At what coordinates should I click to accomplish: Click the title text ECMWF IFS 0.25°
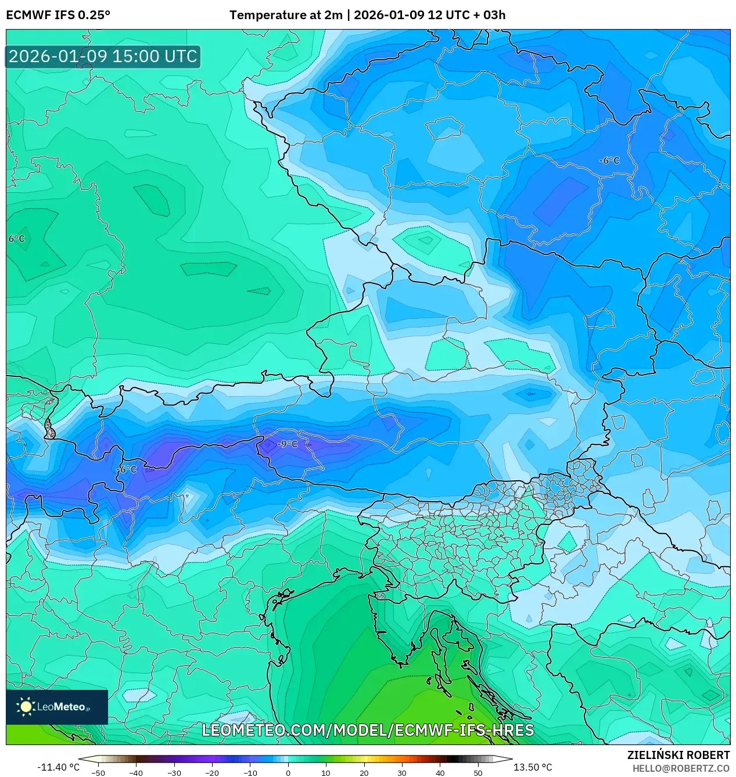(58, 15)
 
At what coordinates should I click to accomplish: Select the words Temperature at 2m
(286, 15)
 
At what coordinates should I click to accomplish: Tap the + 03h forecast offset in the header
(490, 15)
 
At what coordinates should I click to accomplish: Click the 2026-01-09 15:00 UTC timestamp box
(103, 56)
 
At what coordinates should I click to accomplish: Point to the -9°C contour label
(287, 444)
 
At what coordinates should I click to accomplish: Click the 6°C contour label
(16, 239)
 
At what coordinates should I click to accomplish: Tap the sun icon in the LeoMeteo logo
(26, 707)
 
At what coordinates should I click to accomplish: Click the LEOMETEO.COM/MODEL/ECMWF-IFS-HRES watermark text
(367, 730)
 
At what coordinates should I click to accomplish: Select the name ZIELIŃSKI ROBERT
(678, 755)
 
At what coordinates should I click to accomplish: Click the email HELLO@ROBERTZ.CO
(681, 768)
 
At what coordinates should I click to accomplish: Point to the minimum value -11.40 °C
(58, 767)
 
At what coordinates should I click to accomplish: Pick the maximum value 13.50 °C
(532, 767)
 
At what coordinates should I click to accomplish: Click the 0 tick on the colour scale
(288, 773)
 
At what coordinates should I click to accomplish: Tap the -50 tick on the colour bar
(98, 773)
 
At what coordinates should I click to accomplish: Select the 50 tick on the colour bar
(477, 773)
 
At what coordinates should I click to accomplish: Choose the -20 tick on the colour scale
(212, 773)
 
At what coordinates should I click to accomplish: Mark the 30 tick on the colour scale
(402, 773)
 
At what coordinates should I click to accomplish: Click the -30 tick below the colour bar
(174, 773)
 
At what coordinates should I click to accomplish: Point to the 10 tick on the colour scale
(326, 773)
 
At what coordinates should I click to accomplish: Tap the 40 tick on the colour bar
(440, 773)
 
